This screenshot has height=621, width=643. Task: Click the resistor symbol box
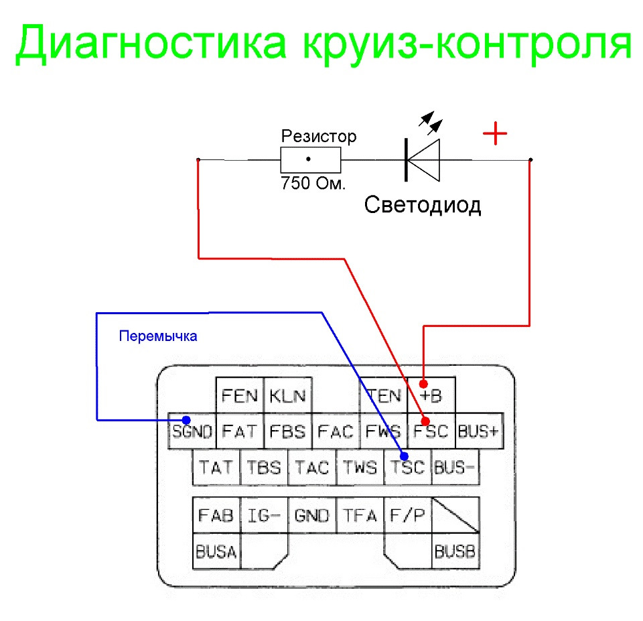coord(310,159)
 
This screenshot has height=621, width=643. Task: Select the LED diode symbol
coord(423,159)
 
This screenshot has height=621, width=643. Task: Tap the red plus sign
coord(495,135)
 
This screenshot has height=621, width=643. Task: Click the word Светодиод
coord(423,204)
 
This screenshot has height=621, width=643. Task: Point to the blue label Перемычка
coord(158,336)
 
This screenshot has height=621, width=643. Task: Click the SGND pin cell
coord(192,431)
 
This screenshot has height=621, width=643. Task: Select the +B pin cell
coord(431,395)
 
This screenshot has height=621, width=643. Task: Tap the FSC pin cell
coord(430,431)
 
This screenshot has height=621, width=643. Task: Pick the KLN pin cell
coord(287,395)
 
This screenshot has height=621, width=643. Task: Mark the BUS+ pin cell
coord(479,431)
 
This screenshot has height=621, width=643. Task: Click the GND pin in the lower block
coord(312,515)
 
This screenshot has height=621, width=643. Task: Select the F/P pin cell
coord(408,515)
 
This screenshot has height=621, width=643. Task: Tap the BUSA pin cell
coord(216,552)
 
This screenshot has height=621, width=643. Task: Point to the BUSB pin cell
coord(455,552)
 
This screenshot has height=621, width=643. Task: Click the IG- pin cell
coord(264,515)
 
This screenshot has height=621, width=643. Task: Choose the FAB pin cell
coord(216,515)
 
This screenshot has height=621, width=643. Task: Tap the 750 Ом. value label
coord(312,183)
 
